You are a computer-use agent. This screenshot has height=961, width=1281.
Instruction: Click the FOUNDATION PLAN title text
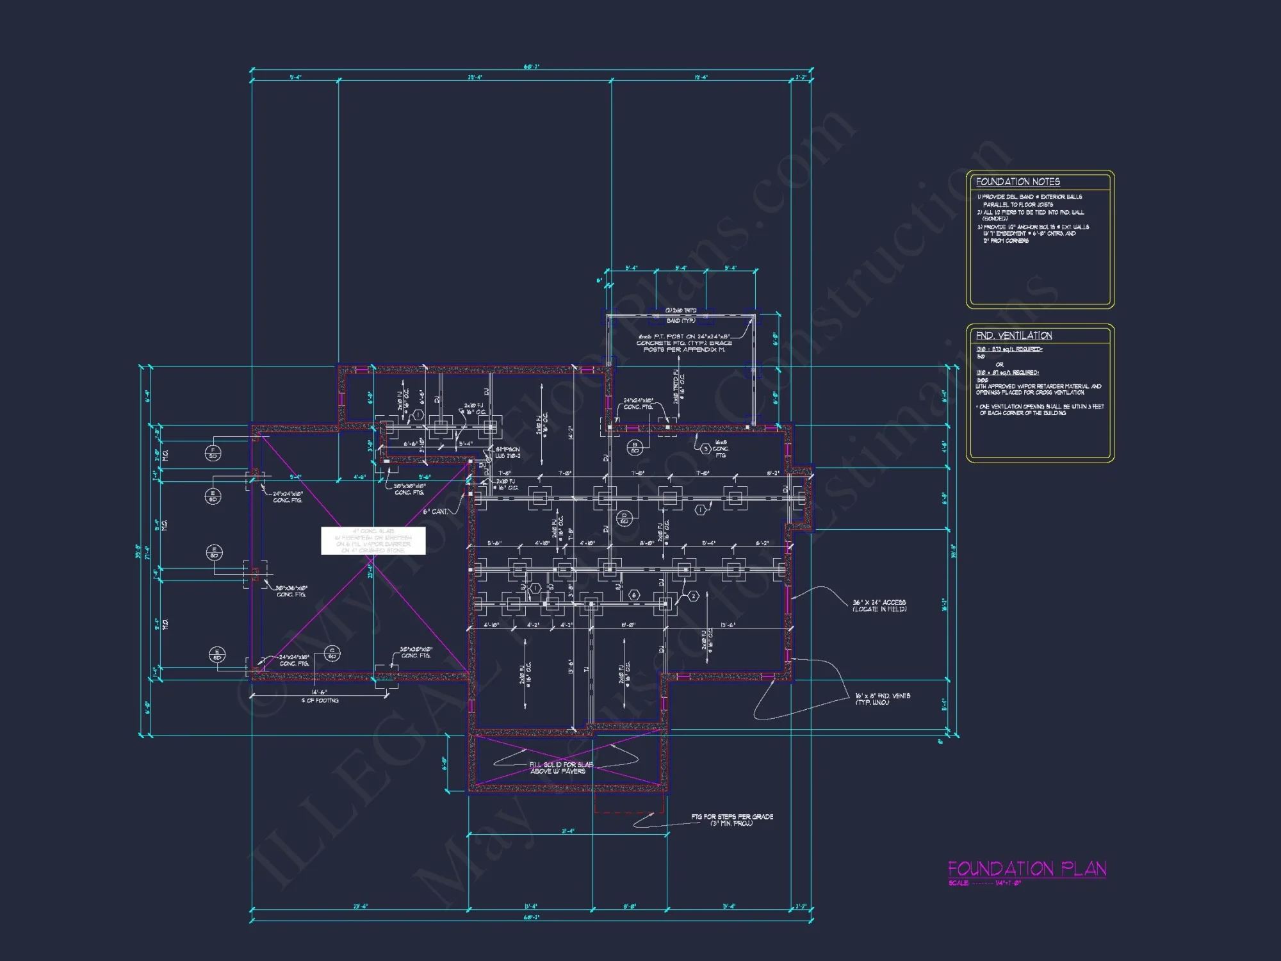pyautogui.click(x=1027, y=869)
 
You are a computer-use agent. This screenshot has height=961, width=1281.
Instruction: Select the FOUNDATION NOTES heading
pyautogui.click(x=1018, y=182)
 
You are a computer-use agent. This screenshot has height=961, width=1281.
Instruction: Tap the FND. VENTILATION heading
pyautogui.click(x=1014, y=336)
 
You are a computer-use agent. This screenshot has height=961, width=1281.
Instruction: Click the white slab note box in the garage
pyautogui.click(x=373, y=541)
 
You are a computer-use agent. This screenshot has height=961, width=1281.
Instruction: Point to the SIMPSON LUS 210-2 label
pyautogui.click(x=508, y=452)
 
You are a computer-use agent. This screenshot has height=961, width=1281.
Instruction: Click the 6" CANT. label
pyautogui.click(x=436, y=511)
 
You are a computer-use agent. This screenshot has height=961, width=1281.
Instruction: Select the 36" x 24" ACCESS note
pyautogui.click(x=879, y=605)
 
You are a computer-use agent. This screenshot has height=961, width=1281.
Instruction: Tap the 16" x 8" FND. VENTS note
pyautogui.click(x=883, y=699)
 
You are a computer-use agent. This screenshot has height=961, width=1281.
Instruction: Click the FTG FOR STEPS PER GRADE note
pyautogui.click(x=731, y=819)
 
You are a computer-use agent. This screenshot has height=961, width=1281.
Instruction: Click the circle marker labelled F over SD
pyautogui.click(x=213, y=453)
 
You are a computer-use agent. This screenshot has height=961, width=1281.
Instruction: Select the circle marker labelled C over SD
pyautogui.click(x=332, y=653)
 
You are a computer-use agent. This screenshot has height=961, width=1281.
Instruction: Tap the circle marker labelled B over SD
pyautogui.click(x=635, y=447)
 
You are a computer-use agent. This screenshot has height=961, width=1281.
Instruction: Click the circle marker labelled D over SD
pyautogui.click(x=624, y=518)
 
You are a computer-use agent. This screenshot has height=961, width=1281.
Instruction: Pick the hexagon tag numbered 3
pyautogui.click(x=705, y=448)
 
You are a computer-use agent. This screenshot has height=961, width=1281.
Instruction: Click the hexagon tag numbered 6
pyautogui.click(x=634, y=595)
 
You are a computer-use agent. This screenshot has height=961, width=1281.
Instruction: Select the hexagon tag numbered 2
pyautogui.click(x=693, y=596)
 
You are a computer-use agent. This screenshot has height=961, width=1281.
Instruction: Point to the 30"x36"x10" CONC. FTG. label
pyautogui.click(x=291, y=591)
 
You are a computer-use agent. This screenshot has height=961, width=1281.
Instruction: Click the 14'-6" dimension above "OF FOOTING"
pyautogui.click(x=319, y=693)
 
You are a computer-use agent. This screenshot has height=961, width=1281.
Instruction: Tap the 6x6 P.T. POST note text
pyautogui.click(x=684, y=343)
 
